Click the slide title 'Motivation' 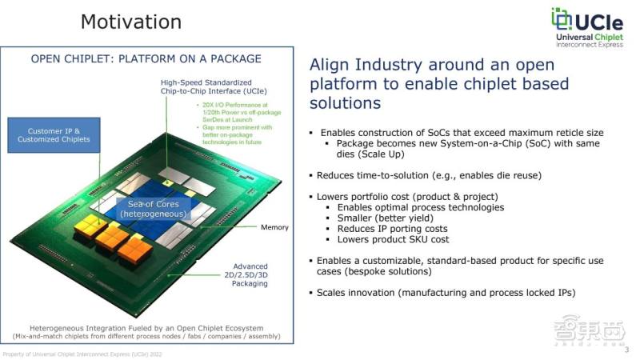click(x=130, y=22)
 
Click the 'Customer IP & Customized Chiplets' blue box click(x=54, y=134)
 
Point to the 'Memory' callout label click(x=274, y=227)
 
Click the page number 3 click(x=626, y=349)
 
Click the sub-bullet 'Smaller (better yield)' click(x=388, y=218)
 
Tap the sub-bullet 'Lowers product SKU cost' click(x=393, y=239)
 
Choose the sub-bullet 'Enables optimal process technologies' click(x=421, y=207)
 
